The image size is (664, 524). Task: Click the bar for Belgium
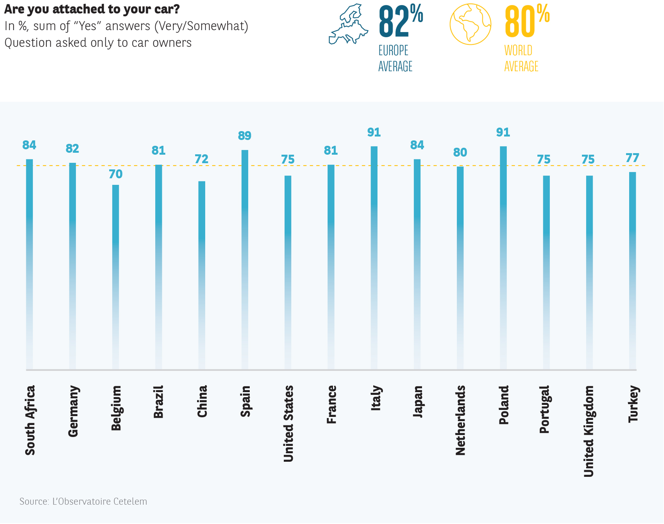click(x=116, y=277)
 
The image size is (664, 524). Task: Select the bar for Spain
click(x=245, y=259)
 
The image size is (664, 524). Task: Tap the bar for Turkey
click(x=632, y=271)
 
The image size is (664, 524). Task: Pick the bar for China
click(x=202, y=275)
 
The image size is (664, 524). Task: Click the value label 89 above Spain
click(x=245, y=136)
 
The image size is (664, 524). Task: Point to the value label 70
click(x=116, y=174)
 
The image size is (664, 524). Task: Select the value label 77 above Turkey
click(x=632, y=158)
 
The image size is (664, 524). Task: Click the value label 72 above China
click(x=202, y=159)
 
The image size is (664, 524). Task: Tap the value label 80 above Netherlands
click(x=460, y=152)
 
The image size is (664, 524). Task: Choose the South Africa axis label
click(x=30, y=420)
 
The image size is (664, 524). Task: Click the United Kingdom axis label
click(x=589, y=431)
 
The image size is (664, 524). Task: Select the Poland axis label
click(x=503, y=405)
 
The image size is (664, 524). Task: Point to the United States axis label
click(x=288, y=423)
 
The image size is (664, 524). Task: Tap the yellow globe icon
click(x=470, y=24)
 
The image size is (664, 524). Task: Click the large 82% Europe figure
click(x=400, y=22)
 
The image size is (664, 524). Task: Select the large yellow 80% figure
click(x=527, y=22)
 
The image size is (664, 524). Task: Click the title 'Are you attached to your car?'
click(x=92, y=9)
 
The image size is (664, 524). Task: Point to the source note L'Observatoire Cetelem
click(x=83, y=502)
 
